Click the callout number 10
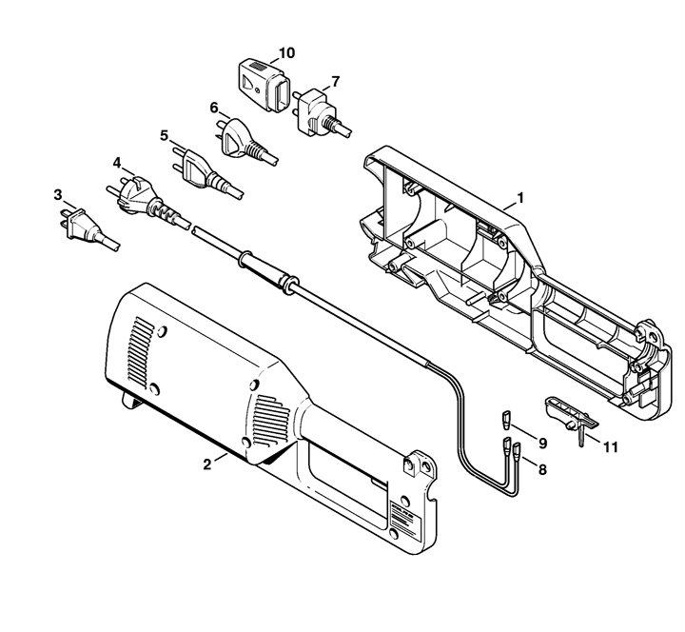click(286, 53)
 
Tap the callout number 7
click(336, 81)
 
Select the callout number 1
click(519, 198)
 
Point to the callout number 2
click(207, 464)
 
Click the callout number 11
click(610, 447)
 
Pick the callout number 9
click(542, 444)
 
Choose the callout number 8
click(542, 470)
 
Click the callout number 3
click(58, 195)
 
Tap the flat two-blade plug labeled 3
click(86, 228)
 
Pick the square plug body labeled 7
click(316, 111)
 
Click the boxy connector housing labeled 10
click(264, 85)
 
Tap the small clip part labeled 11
click(569, 416)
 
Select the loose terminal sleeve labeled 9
click(507, 420)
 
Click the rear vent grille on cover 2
click(142, 352)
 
